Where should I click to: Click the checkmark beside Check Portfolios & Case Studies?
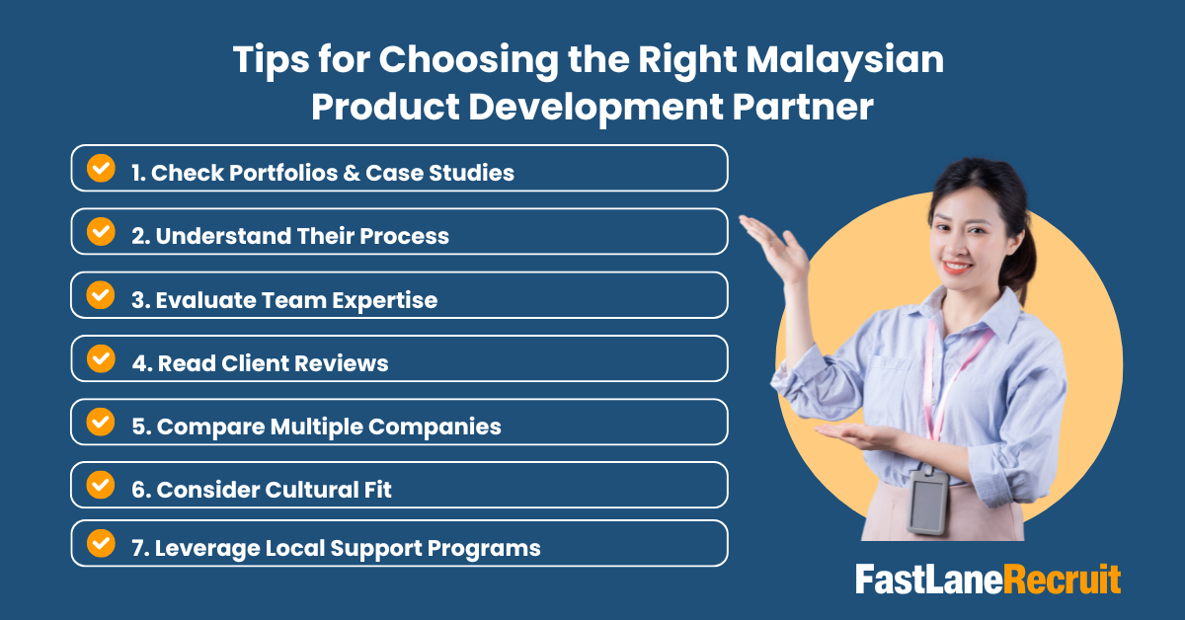[x=101, y=168]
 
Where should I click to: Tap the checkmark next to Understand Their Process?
[x=101, y=231]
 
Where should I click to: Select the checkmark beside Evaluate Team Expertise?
[x=101, y=294]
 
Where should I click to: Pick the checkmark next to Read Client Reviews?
[x=101, y=357]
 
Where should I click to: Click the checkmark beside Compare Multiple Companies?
[x=101, y=422]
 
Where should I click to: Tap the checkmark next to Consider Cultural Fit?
[x=101, y=485]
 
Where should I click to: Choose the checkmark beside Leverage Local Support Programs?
[x=101, y=543]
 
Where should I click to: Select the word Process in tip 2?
[x=403, y=236]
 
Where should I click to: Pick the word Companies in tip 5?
[x=443, y=426]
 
